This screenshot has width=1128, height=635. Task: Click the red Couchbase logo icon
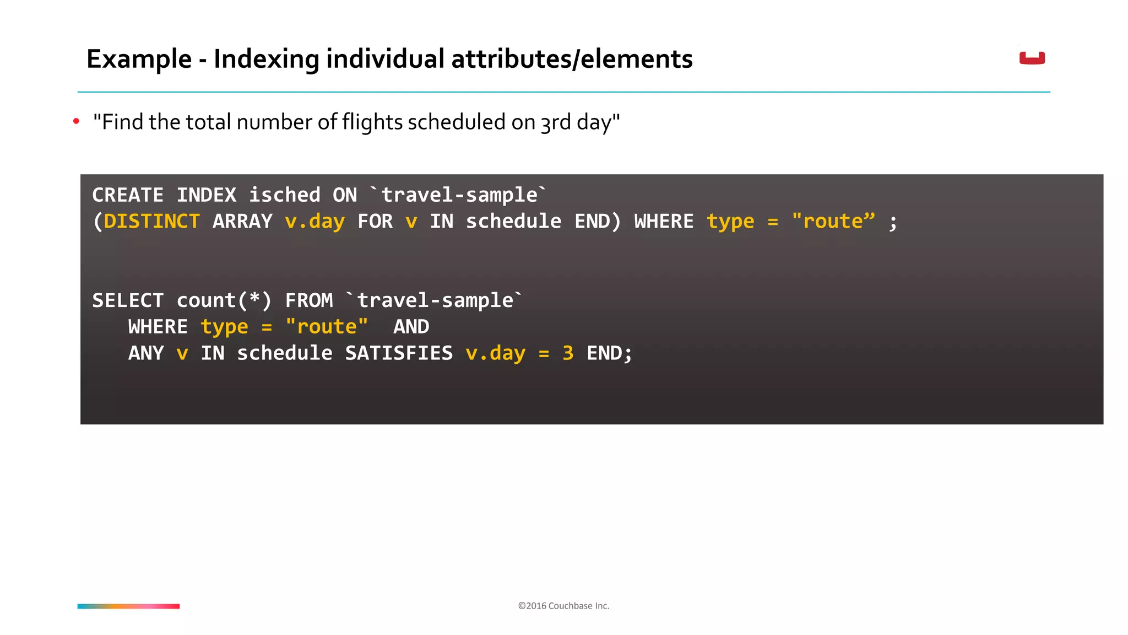coord(1032,58)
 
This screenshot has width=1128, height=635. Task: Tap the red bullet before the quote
coord(76,121)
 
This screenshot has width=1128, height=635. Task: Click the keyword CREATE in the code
coord(128,195)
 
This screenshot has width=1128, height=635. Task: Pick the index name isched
coord(284,195)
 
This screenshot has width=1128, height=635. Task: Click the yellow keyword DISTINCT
coord(151,222)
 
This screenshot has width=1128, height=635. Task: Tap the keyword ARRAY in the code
coord(242,222)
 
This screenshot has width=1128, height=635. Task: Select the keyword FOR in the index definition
coord(375,222)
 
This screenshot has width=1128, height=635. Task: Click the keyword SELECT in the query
coord(128,300)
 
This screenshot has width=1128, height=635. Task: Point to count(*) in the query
coord(224,300)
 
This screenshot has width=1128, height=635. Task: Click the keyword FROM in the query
coord(309,300)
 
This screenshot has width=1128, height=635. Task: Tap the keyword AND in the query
coord(411,327)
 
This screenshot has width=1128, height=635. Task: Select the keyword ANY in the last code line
coord(146,353)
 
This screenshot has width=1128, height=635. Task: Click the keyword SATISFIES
coord(399,353)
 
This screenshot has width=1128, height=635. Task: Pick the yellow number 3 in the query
coord(568,353)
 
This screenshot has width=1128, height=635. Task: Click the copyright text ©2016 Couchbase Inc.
coord(563,606)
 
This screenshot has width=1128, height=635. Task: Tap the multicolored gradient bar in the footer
coord(128,606)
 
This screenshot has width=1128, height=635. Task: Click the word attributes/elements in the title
coord(572,59)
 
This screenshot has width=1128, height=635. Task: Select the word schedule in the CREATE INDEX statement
coord(513,222)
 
